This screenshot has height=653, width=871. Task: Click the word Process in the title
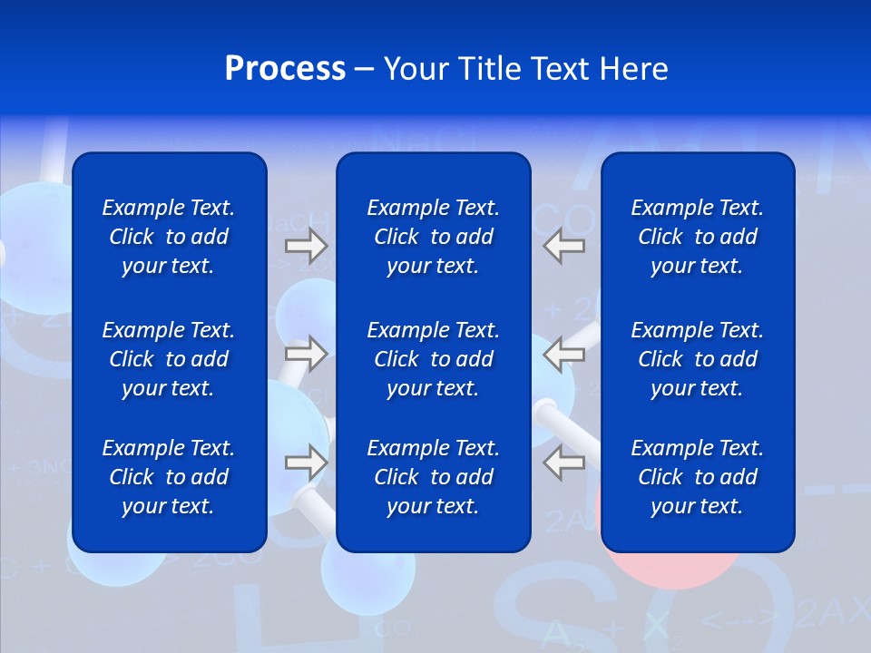click(285, 69)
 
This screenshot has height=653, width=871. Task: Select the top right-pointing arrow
click(306, 245)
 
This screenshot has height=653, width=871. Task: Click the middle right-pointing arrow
click(306, 354)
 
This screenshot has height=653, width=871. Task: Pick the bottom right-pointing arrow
click(306, 463)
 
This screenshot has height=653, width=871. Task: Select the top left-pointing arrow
click(563, 245)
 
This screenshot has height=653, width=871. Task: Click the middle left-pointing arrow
click(563, 354)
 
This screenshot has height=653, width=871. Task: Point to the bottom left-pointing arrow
click(563, 463)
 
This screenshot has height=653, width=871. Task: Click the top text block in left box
click(169, 237)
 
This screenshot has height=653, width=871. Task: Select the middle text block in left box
click(169, 359)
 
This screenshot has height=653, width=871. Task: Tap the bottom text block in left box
click(169, 477)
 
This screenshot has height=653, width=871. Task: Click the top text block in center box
click(433, 237)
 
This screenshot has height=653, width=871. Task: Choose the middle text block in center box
click(433, 359)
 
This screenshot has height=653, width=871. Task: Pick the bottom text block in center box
click(433, 477)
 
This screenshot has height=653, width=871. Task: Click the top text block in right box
click(697, 237)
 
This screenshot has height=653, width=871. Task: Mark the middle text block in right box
click(697, 359)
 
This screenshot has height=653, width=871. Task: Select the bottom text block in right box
click(697, 477)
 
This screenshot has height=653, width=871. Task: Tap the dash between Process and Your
click(365, 71)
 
